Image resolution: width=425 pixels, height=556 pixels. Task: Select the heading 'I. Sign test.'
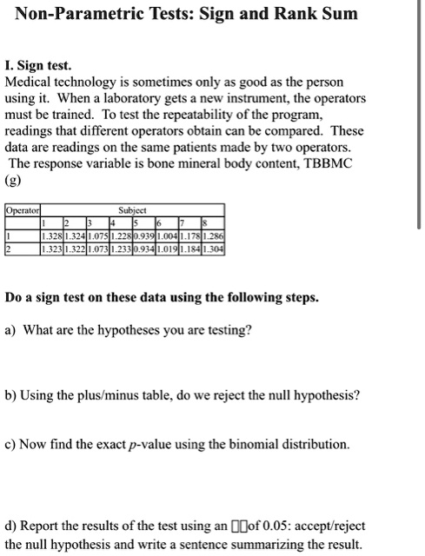pyautogui.click(x=40, y=65)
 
